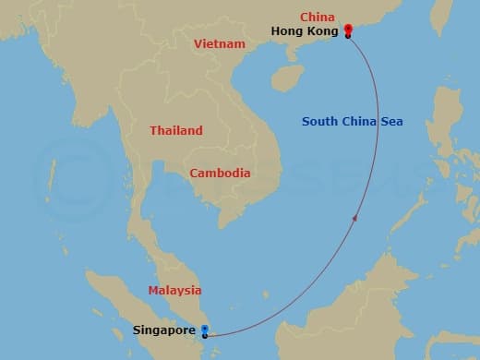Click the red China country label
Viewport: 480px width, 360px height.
[318, 16]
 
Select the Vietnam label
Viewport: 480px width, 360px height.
[219, 43]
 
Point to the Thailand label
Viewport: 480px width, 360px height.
[176, 131]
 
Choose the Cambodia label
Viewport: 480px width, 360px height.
[220, 173]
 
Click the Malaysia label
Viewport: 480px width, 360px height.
[174, 291]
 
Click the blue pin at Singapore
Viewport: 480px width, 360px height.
[204, 329]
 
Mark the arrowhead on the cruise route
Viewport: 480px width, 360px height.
[356, 219]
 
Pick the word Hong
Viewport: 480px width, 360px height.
[285, 30]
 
